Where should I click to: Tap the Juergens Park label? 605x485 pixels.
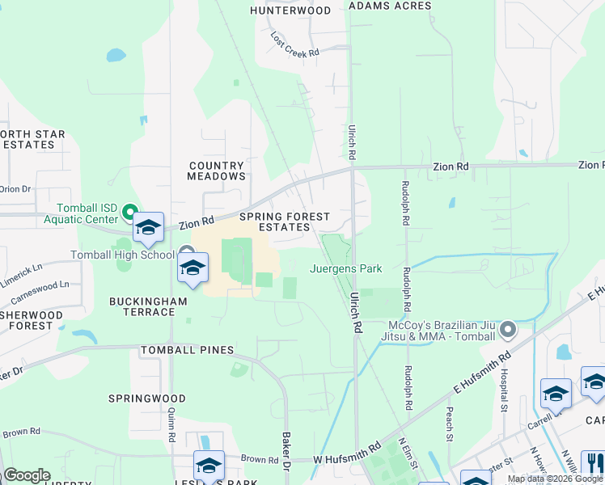click(x=346, y=269)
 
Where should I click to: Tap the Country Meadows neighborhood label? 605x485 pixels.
click(x=217, y=171)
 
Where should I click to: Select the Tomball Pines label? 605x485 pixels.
click(x=187, y=350)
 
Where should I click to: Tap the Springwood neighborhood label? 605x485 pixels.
click(x=148, y=399)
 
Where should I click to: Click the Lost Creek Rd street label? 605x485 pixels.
click(x=295, y=44)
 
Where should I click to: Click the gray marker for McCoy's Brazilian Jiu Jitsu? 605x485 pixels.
click(x=508, y=329)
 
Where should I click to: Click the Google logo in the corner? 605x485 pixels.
click(x=27, y=475)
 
